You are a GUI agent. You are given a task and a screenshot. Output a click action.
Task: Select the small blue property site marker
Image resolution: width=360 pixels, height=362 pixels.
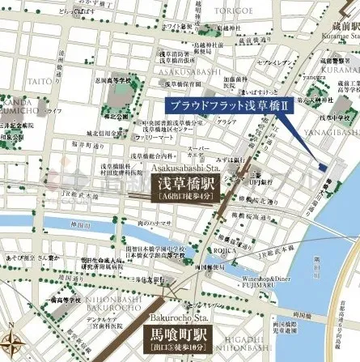323,167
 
